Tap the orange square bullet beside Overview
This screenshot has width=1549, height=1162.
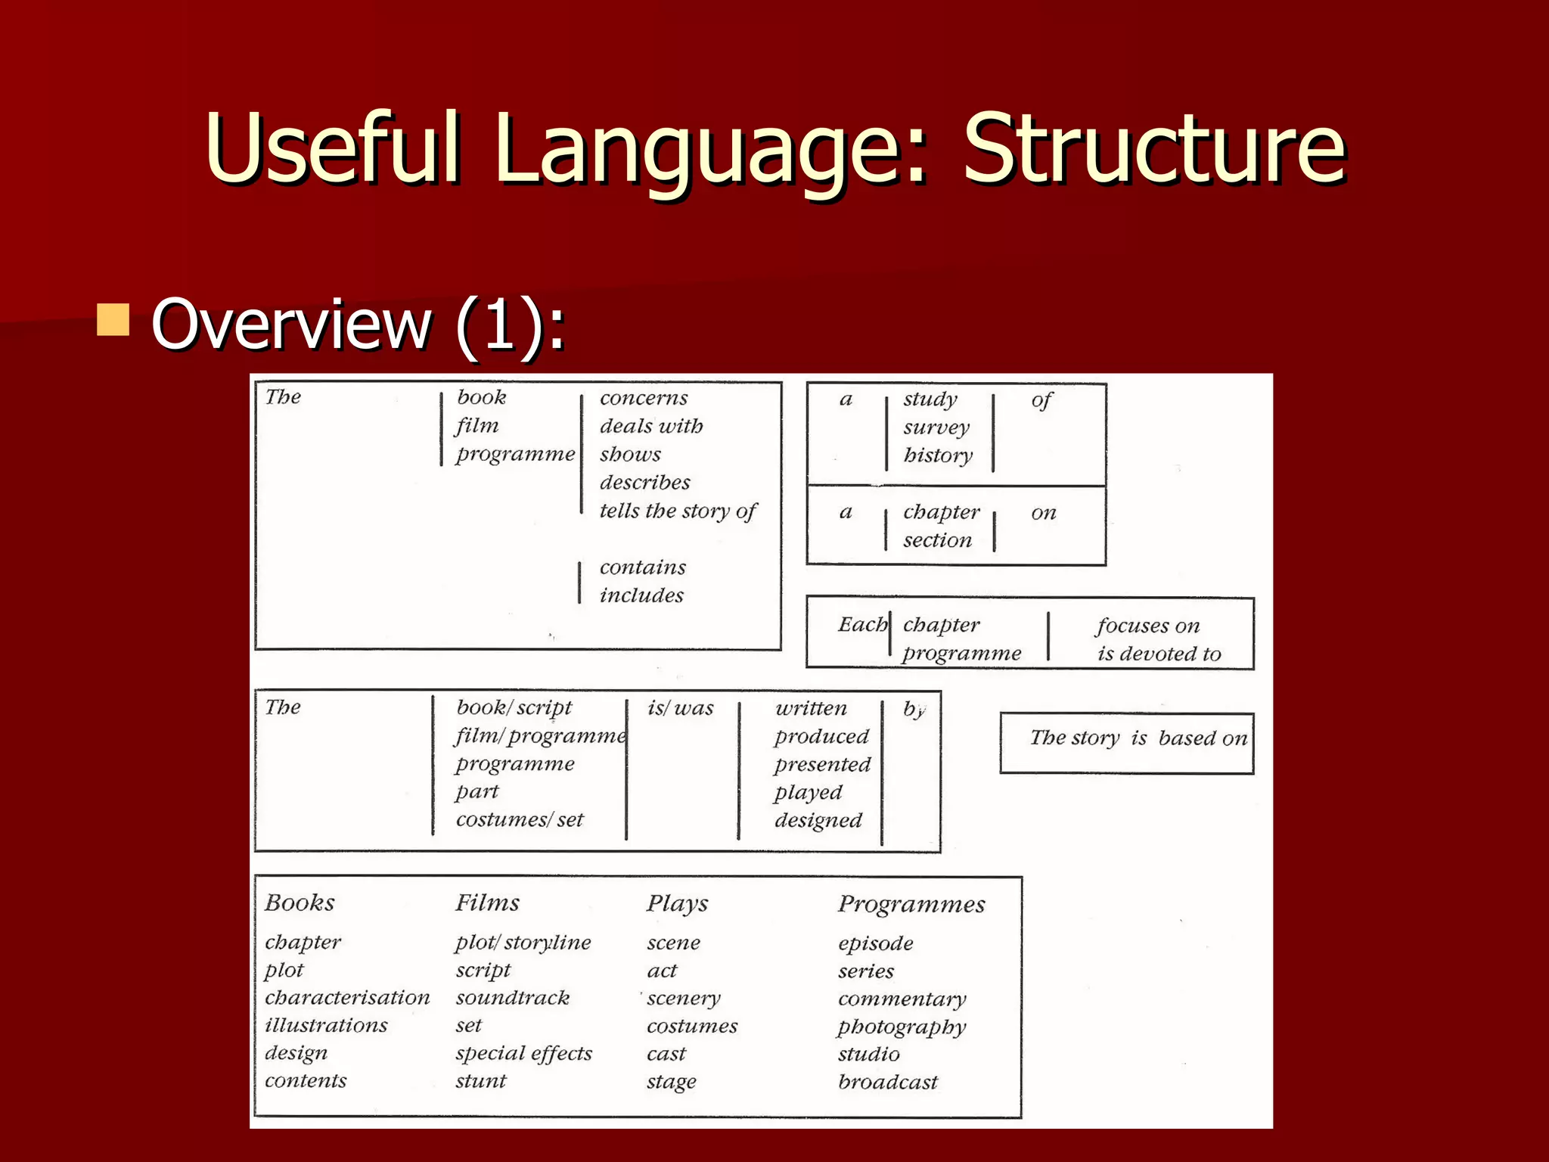(x=113, y=319)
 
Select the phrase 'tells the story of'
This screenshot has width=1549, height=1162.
(x=678, y=511)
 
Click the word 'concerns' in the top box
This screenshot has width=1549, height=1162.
(x=644, y=398)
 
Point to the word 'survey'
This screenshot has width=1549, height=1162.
(x=936, y=427)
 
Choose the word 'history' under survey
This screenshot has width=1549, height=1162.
(x=938, y=455)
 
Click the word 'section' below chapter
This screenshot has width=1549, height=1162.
(x=937, y=540)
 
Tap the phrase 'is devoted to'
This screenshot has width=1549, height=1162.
(x=1159, y=654)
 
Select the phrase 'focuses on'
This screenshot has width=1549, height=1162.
(x=1148, y=626)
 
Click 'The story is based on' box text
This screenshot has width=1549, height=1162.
(x=1138, y=738)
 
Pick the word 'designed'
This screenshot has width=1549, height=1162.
(x=818, y=821)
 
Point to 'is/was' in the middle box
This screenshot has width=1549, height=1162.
(x=680, y=708)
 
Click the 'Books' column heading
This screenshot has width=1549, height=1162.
(x=300, y=903)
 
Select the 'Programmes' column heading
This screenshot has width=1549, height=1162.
(x=911, y=904)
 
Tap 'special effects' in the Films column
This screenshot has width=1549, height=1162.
(x=523, y=1053)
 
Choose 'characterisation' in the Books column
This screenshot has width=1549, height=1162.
(x=347, y=998)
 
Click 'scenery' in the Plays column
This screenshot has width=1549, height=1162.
(x=684, y=999)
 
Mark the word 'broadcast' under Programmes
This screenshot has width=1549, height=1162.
(x=887, y=1083)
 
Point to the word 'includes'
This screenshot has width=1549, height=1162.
(x=641, y=595)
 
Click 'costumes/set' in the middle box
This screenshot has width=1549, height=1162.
(x=520, y=820)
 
